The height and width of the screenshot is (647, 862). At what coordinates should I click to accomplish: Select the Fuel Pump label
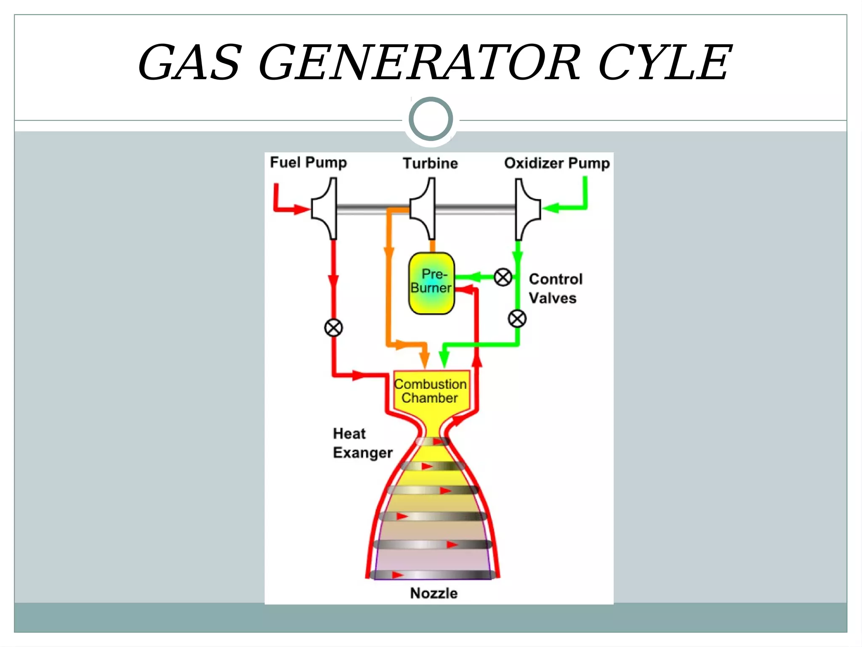pos(308,163)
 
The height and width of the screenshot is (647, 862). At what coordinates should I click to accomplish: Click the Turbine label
pos(430,163)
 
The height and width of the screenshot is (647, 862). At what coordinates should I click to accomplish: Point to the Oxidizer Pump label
pos(556,163)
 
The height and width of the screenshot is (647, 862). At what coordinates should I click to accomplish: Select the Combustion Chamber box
pos(430,391)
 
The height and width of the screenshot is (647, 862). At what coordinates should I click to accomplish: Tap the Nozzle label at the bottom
pos(434,593)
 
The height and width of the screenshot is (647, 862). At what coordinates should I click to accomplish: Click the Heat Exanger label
pos(362,443)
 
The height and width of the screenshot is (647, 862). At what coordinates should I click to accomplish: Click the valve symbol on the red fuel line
pos(333,328)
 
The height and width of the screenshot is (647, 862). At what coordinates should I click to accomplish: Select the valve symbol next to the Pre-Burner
pos(503,277)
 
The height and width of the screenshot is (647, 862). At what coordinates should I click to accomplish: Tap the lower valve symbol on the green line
pos(517,318)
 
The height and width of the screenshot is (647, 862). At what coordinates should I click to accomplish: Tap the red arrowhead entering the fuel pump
pos(301,209)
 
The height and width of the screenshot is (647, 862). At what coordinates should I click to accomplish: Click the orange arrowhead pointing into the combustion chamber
pos(425,361)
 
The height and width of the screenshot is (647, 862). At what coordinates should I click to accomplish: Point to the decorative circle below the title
pos(431,119)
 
